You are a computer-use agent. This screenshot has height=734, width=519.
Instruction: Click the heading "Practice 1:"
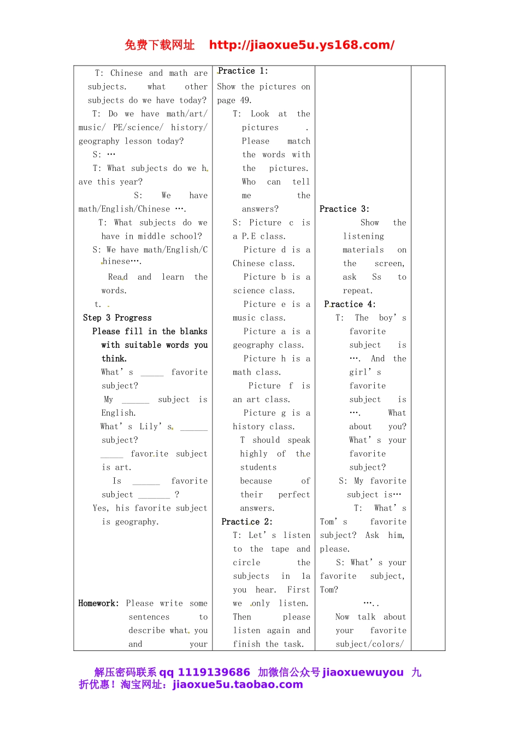tap(243, 71)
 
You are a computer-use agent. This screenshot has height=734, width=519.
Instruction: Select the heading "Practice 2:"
tap(247, 522)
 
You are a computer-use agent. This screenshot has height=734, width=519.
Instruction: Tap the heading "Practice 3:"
tap(344, 209)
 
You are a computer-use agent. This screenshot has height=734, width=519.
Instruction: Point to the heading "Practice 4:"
tap(350, 304)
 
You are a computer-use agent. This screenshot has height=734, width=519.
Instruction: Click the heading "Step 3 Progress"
tap(117, 318)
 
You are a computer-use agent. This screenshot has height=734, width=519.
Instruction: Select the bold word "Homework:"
tap(98, 603)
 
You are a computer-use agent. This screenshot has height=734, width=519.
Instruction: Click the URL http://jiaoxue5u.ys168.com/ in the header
tap(302, 45)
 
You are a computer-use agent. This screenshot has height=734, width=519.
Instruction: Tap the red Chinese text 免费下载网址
tap(160, 45)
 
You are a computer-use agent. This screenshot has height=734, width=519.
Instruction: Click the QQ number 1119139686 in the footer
tap(214, 672)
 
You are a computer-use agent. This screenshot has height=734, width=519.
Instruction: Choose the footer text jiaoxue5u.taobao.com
tap(238, 684)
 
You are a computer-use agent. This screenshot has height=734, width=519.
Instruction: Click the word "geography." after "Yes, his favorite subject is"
tap(137, 522)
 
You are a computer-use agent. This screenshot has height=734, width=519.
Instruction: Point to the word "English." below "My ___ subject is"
tap(119, 413)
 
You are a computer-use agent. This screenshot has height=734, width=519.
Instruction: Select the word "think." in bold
tap(114, 358)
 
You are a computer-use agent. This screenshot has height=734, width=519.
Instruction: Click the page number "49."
tap(246, 100)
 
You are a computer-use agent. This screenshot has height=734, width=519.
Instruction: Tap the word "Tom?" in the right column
tap(329, 589)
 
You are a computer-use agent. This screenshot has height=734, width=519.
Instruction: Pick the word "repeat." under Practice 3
tap(358, 291)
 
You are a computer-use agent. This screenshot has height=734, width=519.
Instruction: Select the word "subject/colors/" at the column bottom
tap(370, 644)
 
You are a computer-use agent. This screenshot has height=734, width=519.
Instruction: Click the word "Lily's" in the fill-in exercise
tap(156, 427)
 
